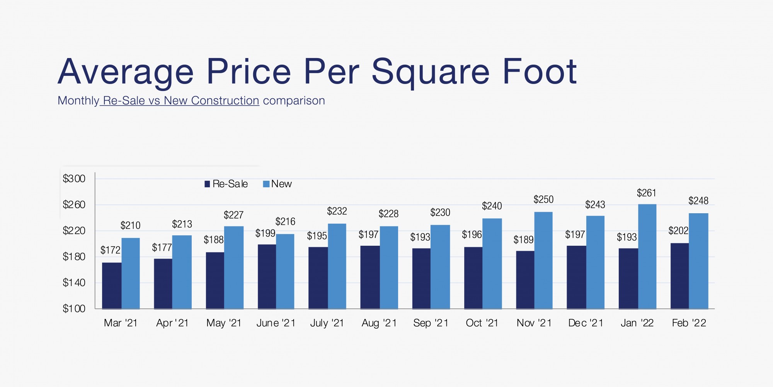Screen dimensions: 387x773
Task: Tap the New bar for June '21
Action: [x=285, y=271]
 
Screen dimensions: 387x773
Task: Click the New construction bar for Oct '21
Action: [x=492, y=263]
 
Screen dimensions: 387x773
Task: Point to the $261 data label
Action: [x=646, y=193]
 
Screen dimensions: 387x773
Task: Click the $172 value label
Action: [x=111, y=250]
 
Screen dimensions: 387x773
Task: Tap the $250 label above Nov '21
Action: [x=543, y=199]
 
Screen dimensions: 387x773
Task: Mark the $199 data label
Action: [x=265, y=233]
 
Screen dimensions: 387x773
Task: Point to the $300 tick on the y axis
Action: [x=74, y=179]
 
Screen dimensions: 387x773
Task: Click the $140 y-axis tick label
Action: [x=74, y=283]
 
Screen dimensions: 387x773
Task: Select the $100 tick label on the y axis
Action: [x=74, y=308]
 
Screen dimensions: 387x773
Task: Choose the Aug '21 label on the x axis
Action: [x=379, y=323]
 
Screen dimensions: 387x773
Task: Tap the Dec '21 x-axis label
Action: [x=586, y=323]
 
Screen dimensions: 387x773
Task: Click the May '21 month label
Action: [x=224, y=323]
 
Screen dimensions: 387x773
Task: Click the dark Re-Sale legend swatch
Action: [x=207, y=184]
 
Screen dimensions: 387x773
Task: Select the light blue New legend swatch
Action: [x=266, y=184]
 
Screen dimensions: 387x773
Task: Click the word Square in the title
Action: [x=431, y=72]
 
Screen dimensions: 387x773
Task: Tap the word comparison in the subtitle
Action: [x=294, y=101]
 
